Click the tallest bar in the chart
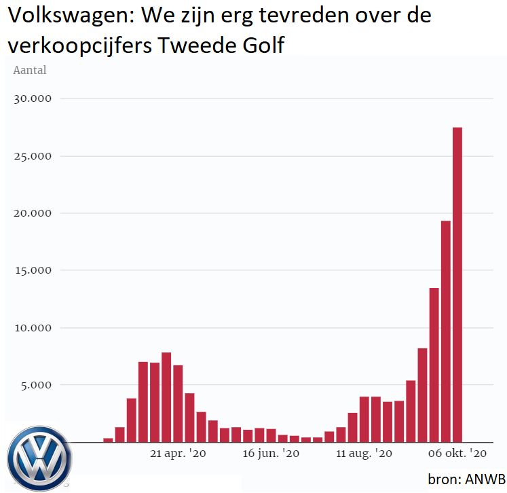coord(457,285)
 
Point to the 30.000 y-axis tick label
coord(33,99)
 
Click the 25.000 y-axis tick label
coord(33,156)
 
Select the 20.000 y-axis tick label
coord(33,213)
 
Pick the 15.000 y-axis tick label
coord(33,270)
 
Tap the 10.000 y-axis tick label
coord(33,328)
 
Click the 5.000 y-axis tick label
coord(36,385)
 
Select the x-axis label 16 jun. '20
coord(270,454)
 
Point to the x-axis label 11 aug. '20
coord(364,454)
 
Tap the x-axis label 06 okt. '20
coord(457,454)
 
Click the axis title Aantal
coord(30,70)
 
